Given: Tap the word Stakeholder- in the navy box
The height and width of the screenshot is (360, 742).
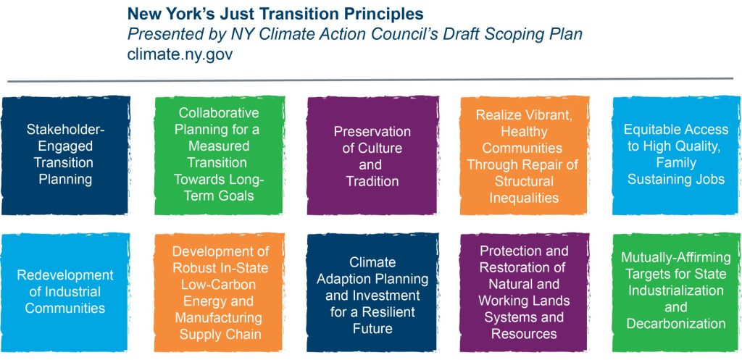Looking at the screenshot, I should point(66,129).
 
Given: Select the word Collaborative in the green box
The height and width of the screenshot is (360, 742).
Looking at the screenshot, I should point(219,113).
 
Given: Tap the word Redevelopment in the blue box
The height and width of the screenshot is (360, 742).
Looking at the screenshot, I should point(65,275).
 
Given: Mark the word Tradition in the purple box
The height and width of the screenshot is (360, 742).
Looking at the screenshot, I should point(372,181).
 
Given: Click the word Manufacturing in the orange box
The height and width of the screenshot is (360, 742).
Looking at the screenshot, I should point(218,317).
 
